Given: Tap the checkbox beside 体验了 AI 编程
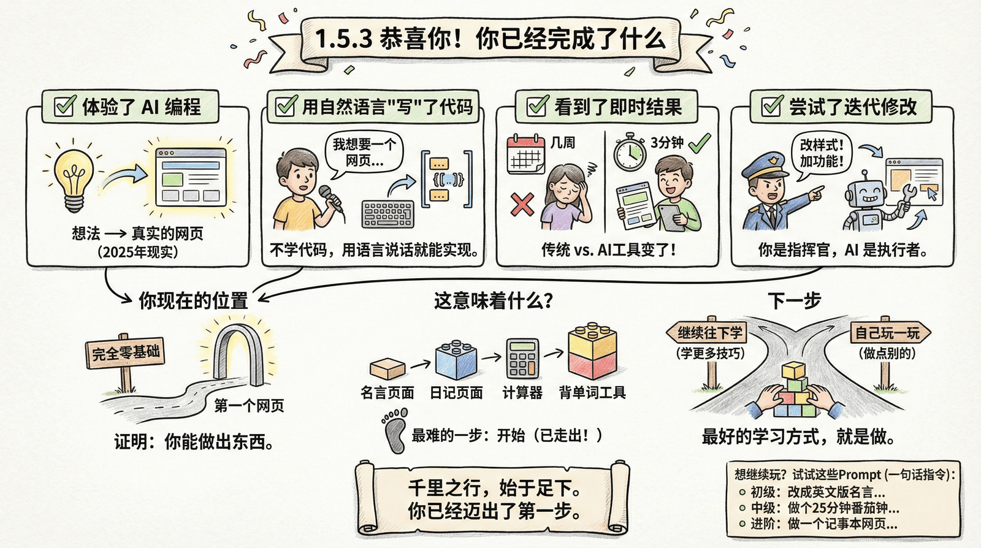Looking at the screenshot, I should click(64, 106).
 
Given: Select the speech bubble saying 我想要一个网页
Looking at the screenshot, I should click(364, 152).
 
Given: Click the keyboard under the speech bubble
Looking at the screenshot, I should click(387, 214).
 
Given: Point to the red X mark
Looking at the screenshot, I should click(522, 204).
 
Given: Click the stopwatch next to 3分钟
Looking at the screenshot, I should click(630, 153).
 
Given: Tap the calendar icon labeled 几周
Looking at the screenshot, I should click(525, 155).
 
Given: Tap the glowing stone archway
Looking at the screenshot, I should click(240, 352).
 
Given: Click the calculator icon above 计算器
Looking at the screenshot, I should click(522, 359).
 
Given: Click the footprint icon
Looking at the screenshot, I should click(394, 432).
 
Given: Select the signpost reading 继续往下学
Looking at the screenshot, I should click(710, 333).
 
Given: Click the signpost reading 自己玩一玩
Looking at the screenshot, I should click(887, 333).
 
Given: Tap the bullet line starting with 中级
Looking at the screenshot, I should click(822, 508).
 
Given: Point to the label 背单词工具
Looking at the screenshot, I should click(592, 392).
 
